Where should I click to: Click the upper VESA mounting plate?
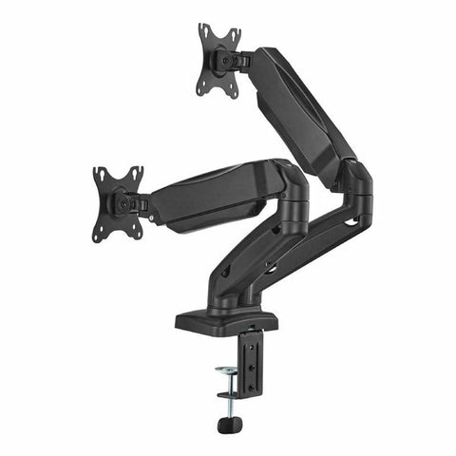(x=218, y=60)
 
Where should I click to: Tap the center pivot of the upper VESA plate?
(x=220, y=60)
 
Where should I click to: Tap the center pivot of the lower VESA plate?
(x=121, y=202)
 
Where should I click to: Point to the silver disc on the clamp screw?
(x=227, y=370)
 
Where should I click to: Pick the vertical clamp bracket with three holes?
(x=252, y=361)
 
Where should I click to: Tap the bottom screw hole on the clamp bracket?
(x=252, y=374)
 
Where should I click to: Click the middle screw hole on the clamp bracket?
(x=252, y=361)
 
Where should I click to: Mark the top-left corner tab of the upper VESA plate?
(x=202, y=29)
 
